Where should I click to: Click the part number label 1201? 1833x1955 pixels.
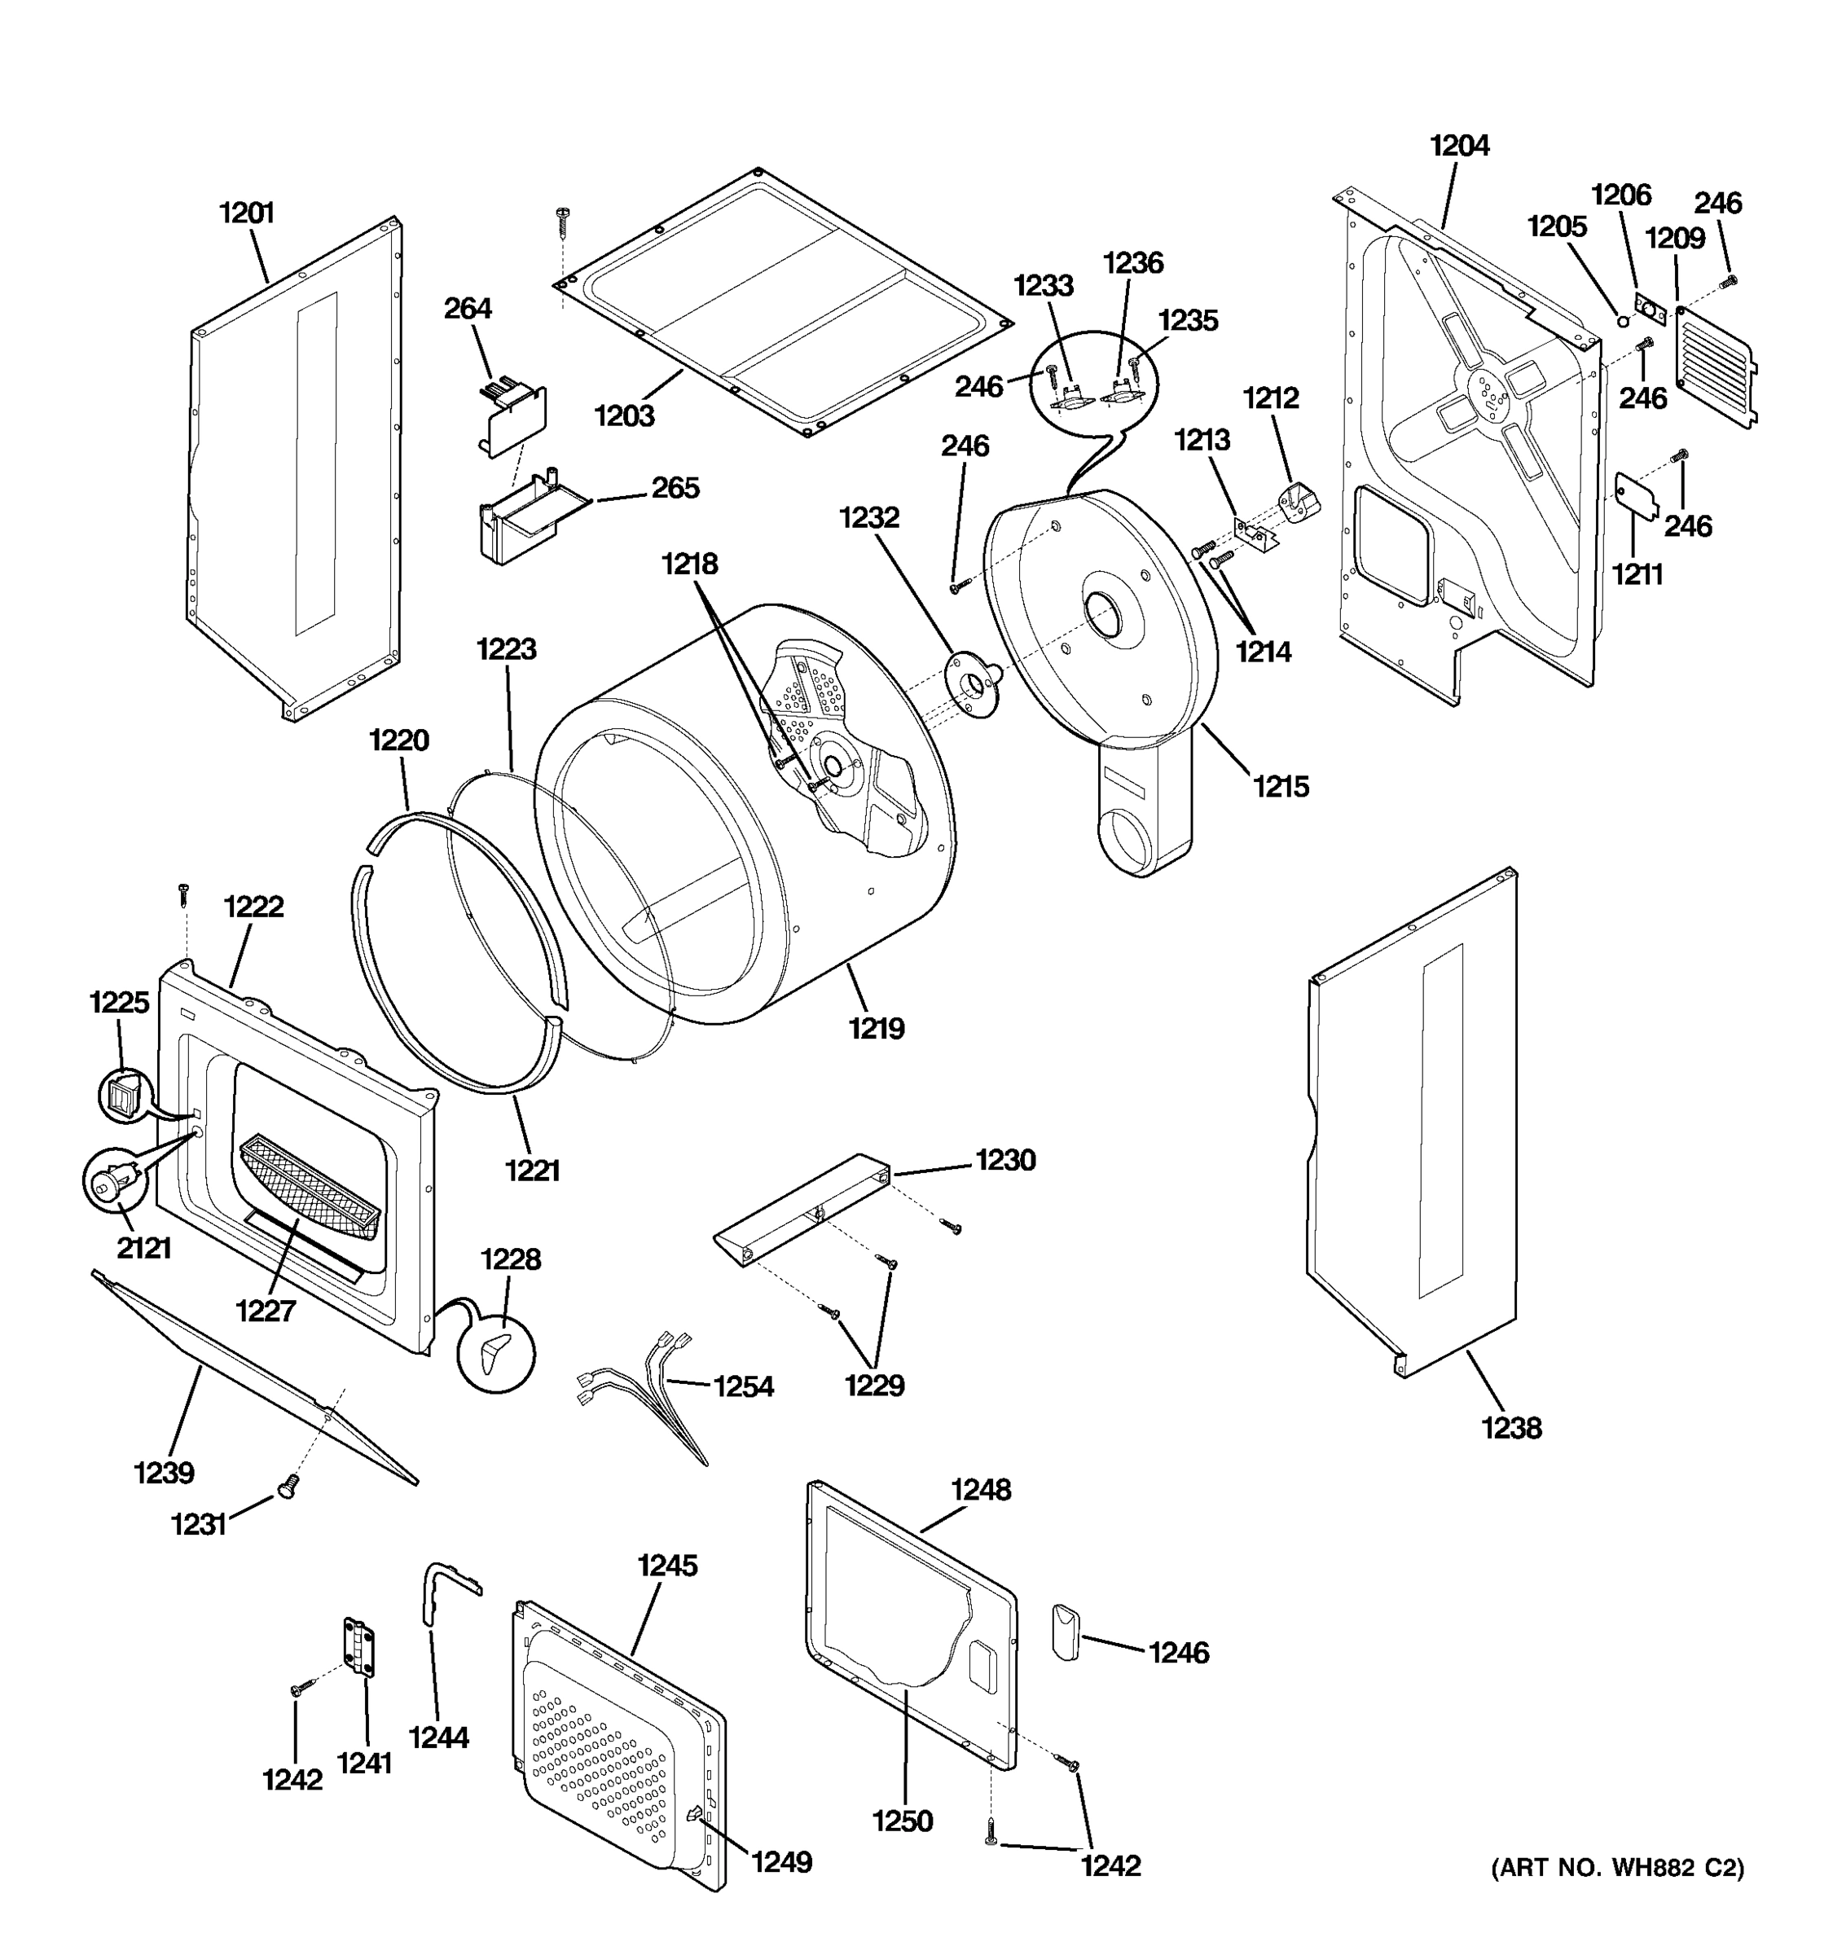point(246,213)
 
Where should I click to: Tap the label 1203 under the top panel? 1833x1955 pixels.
point(623,416)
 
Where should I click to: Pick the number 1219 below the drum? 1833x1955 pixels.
point(877,1029)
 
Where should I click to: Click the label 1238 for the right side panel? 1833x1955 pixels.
point(1511,1427)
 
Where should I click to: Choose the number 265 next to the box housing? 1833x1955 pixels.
point(675,488)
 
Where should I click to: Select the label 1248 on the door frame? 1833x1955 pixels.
point(980,1490)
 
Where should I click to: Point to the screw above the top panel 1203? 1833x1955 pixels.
point(564,220)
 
